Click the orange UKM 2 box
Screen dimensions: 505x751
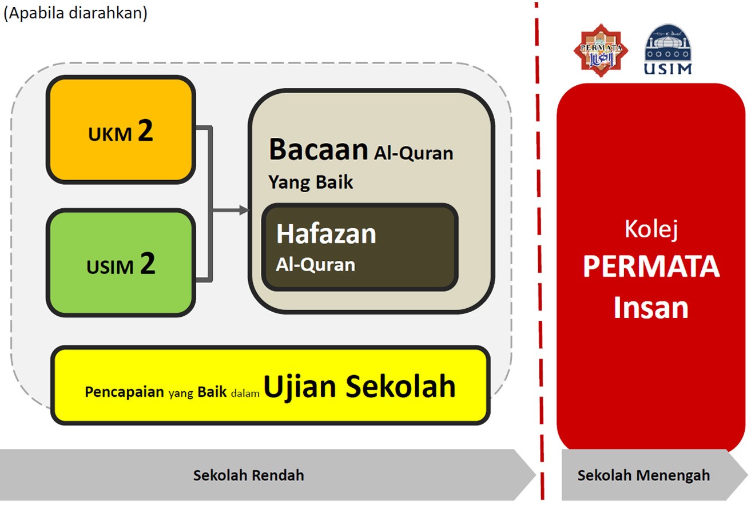tap(120, 129)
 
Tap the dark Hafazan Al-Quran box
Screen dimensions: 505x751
tap(359, 247)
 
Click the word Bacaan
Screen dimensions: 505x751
tap(319, 150)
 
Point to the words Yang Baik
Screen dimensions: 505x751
tap(311, 182)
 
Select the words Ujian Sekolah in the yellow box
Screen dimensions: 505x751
tap(359, 387)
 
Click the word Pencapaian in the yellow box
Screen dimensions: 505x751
tap(125, 392)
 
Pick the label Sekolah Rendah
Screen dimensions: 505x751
tap(248, 475)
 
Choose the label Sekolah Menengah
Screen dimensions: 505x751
tap(643, 475)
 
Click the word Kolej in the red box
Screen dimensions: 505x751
tap(651, 229)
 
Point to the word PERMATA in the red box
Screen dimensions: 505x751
tap(651, 267)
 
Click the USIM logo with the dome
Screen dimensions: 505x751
tap(667, 49)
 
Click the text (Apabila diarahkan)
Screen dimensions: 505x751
tap(76, 14)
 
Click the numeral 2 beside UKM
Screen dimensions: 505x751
tap(145, 131)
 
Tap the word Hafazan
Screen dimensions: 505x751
tap(326, 234)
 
